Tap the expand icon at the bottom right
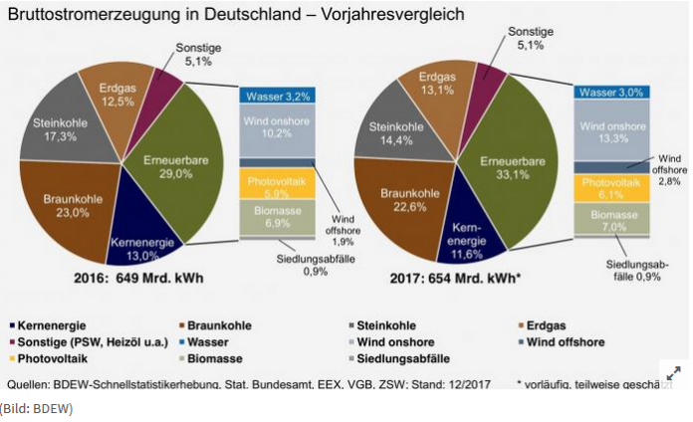pos(672,373)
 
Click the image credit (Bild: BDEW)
pos(37,407)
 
